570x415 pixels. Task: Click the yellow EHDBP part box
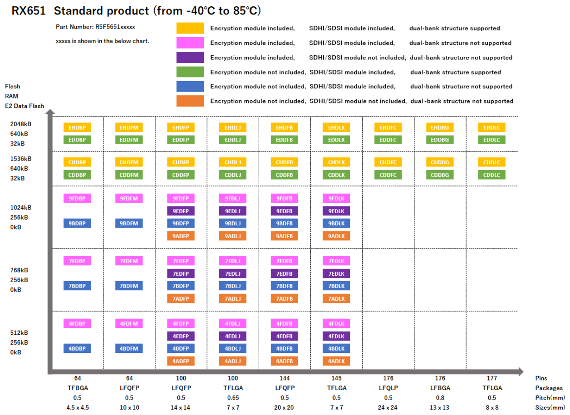(77, 127)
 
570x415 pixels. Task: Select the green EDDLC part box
(491, 140)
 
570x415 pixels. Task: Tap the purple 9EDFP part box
(181, 211)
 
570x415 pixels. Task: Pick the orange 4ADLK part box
(336, 361)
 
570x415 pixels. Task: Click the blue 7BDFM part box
(129, 286)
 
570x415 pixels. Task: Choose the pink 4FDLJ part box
(233, 323)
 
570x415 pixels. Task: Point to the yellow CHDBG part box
(439, 162)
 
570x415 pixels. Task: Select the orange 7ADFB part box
(285, 298)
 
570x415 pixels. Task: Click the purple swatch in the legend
(190, 57)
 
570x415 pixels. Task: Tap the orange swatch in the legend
(190, 101)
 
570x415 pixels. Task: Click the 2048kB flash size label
(21, 124)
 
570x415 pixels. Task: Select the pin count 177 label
(491, 378)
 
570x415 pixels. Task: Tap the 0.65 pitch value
(232, 398)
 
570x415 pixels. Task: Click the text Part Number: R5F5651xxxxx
(95, 27)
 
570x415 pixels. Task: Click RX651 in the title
(29, 10)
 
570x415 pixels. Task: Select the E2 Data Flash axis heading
(25, 106)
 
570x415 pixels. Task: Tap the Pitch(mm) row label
(550, 398)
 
